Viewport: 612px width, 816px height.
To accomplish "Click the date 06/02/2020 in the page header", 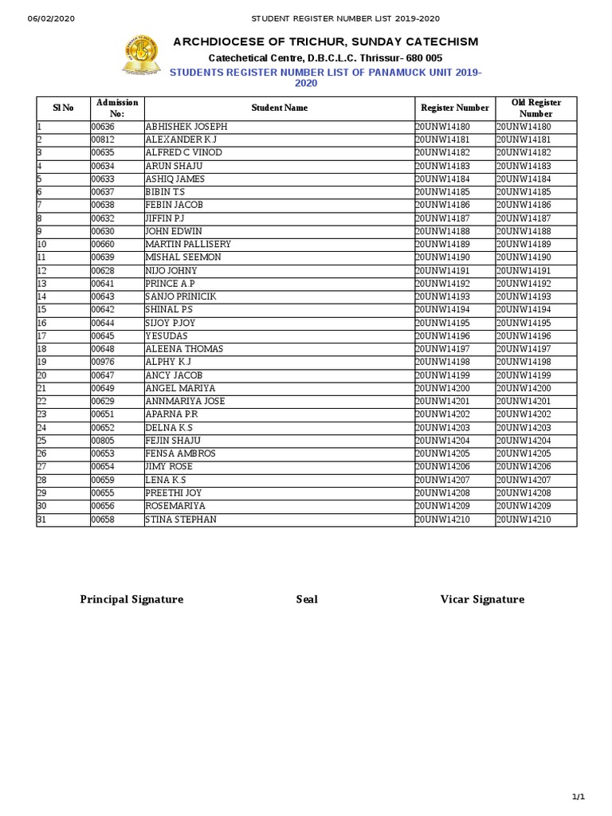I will coord(51,18).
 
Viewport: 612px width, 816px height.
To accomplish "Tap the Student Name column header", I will coord(279,108).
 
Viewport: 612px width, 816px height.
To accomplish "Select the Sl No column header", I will coord(63,108).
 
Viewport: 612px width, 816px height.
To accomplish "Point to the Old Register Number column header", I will coord(535,108).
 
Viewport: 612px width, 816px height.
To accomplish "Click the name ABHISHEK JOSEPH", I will coord(186,127).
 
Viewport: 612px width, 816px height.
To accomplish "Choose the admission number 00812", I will coord(103,139).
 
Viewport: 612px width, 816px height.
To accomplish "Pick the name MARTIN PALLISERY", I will coord(188,244).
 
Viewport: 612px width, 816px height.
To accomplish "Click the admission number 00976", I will coord(103,362).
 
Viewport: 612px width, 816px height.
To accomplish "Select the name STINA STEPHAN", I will coord(180,520).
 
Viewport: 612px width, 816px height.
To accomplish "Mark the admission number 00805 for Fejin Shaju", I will coord(103,441).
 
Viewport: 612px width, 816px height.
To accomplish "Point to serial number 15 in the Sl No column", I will coord(42,309).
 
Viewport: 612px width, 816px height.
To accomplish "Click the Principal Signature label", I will coord(131,599).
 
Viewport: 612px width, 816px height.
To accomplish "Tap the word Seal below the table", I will coord(307,599).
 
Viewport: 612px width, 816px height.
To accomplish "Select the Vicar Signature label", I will coord(482,599).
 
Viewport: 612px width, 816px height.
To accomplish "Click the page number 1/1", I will coord(579,797).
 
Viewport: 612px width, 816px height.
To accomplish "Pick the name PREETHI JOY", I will coord(174,493).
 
